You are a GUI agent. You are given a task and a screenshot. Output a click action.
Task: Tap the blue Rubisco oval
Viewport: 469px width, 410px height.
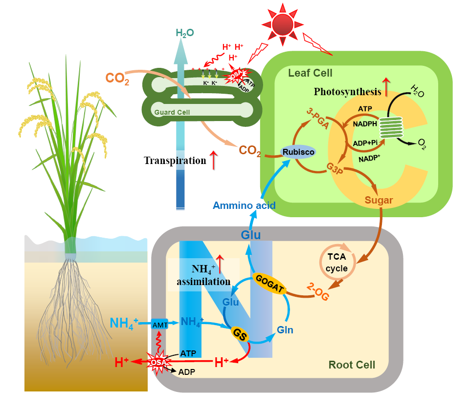tap(298, 152)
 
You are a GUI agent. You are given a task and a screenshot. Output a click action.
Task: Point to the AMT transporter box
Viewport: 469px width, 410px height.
tap(160, 324)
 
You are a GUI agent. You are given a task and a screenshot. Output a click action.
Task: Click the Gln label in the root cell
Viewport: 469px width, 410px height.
tap(285, 330)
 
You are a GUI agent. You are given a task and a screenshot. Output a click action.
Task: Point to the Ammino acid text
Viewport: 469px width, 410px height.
tap(245, 205)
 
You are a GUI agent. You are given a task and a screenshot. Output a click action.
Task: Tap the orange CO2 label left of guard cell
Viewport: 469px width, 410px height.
tap(118, 78)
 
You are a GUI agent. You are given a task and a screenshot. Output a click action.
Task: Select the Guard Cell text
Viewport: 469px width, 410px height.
tap(172, 112)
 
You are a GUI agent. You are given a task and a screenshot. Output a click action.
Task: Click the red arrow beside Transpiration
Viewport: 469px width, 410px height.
tap(213, 160)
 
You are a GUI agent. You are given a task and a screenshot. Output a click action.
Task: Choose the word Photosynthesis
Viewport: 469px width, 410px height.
tap(347, 91)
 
